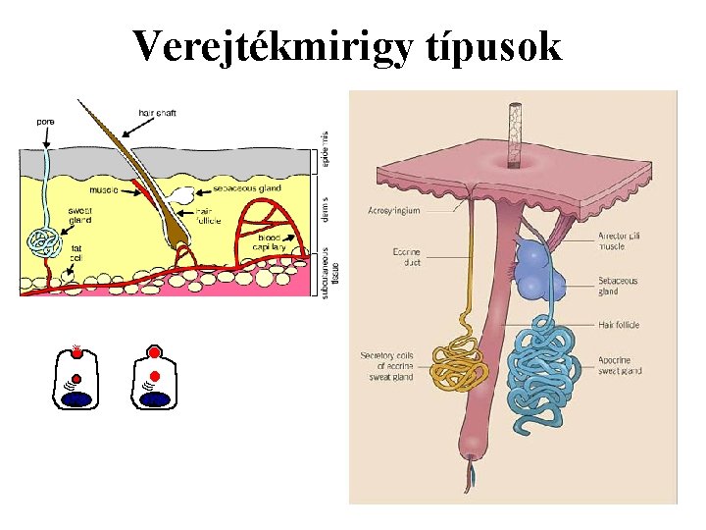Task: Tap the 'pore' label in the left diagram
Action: click(46, 122)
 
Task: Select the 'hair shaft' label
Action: click(157, 113)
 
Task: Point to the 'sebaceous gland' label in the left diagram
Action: click(247, 187)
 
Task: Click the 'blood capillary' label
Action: click(272, 243)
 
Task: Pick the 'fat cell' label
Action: click(76, 253)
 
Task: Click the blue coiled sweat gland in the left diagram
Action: click(43, 242)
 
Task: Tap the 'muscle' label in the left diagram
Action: click(103, 190)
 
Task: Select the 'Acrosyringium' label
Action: click(394, 210)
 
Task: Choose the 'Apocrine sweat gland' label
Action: click(620, 366)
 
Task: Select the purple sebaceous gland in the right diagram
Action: click(535, 269)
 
